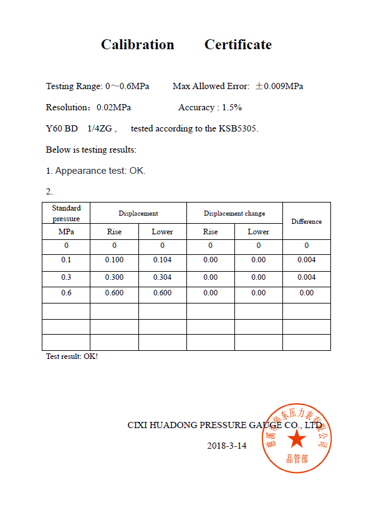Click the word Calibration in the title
138,45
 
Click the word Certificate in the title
238,45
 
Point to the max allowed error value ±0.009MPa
279,86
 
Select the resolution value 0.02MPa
113,107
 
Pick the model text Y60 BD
62,128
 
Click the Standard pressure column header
66,213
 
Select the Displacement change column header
234,213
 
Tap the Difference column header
306,221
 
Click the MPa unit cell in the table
66,232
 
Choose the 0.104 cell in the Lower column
162,260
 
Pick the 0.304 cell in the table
162,277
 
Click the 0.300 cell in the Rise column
114,277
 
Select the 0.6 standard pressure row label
66,293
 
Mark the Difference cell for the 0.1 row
306,260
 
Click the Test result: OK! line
72,356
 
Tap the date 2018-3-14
227,446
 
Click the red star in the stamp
297,440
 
